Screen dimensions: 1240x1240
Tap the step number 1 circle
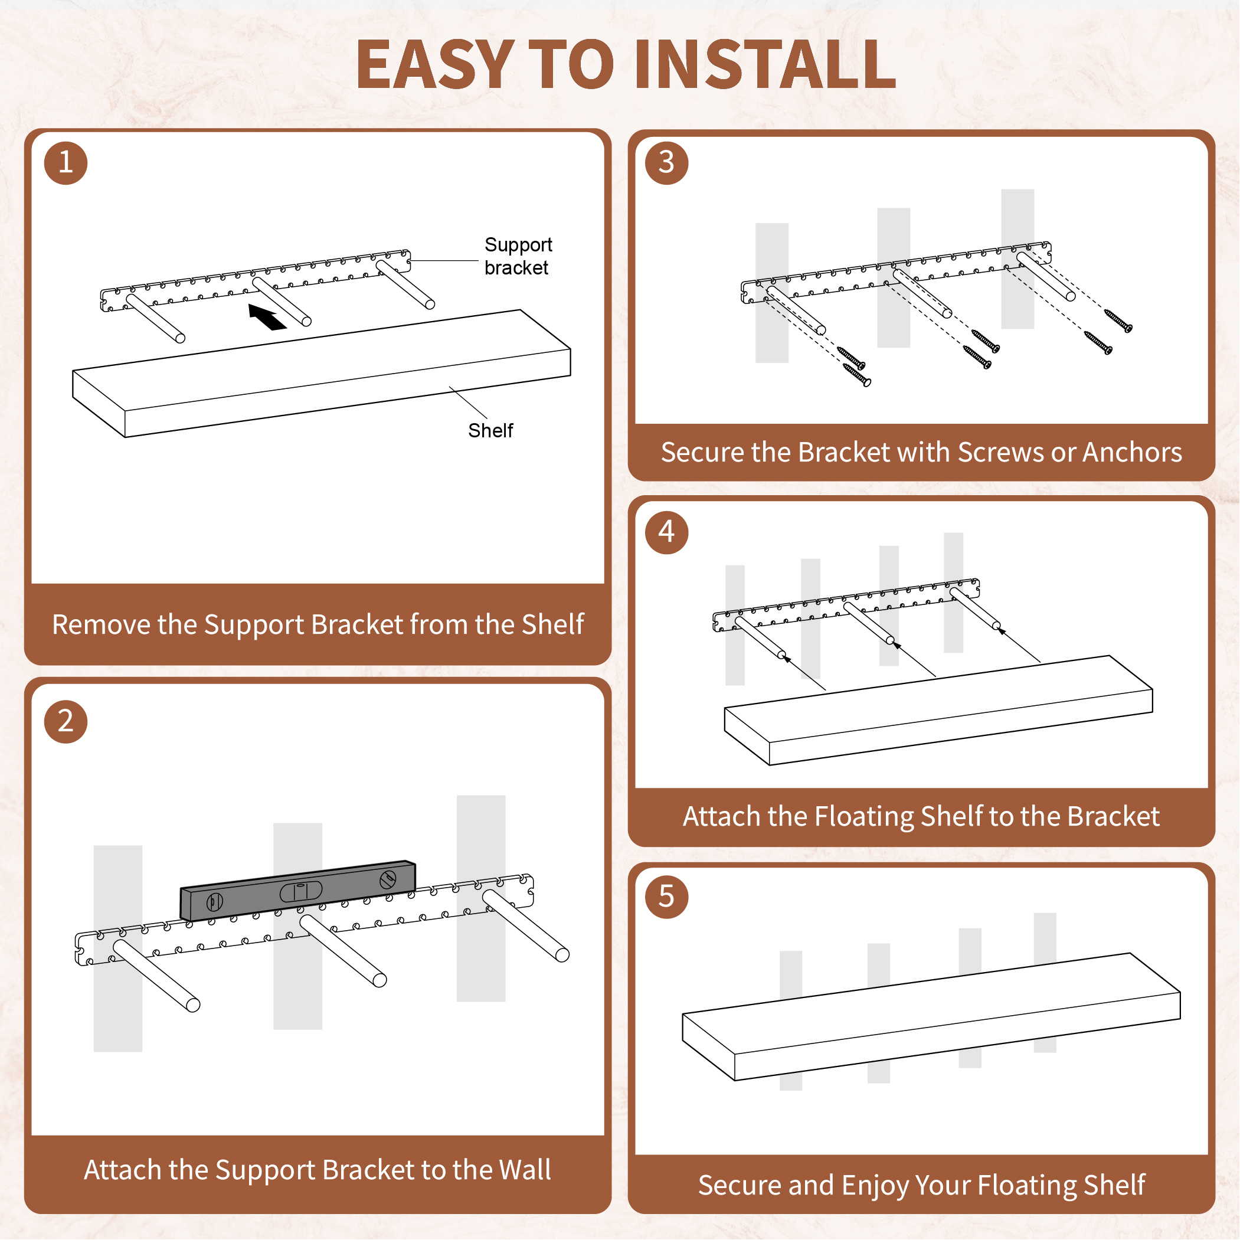[66, 162]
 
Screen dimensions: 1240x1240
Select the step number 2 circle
[66, 721]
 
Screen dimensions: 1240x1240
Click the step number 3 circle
[666, 162]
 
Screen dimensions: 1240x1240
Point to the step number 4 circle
[666, 532]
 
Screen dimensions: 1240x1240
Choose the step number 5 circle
[666, 897]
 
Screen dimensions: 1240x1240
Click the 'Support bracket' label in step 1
[518, 256]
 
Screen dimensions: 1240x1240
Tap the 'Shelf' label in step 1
[490, 431]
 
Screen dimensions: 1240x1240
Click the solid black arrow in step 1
[267, 317]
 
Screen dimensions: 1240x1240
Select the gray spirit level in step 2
[298, 890]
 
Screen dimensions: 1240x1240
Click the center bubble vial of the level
[300, 892]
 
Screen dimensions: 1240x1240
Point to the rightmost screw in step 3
[1118, 320]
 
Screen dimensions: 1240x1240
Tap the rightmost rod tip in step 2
[562, 955]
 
